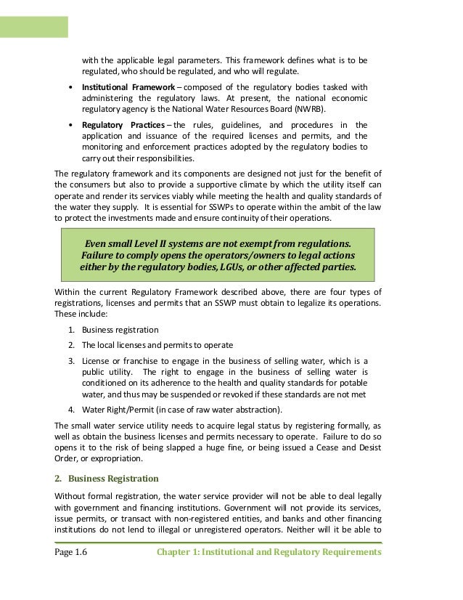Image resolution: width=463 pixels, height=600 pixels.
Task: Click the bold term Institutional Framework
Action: (x=125, y=87)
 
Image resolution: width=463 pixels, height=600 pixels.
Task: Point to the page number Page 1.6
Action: (x=71, y=552)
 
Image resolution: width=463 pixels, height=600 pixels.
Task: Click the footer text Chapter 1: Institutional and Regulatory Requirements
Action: (x=269, y=552)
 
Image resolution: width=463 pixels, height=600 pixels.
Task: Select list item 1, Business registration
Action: (x=120, y=330)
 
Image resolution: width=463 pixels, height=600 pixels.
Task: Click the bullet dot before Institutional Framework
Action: (x=70, y=88)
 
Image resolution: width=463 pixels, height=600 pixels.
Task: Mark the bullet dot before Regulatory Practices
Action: (x=70, y=125)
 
